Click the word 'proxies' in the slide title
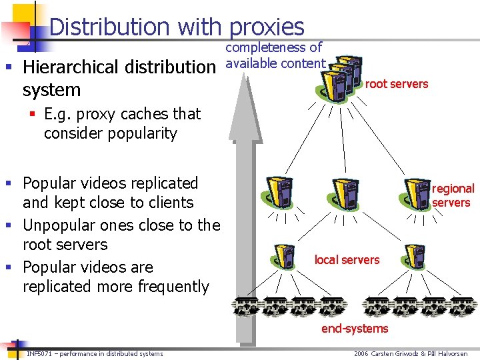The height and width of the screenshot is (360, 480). (266, 27)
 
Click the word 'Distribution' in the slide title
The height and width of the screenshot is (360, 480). (110, 27)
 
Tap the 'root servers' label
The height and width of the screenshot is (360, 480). (397, 84)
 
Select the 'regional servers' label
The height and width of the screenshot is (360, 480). (453, 195)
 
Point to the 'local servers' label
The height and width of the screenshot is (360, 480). (347, 259)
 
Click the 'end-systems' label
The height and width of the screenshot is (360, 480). (355, 328)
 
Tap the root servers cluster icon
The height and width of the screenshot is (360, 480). (340, 77)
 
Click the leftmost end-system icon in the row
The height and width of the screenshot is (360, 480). (245, 306)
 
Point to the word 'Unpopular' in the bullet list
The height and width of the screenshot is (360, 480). (59, 225)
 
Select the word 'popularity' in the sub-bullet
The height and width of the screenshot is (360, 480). (143, 133)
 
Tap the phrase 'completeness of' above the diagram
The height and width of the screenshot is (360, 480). (274, 47)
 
